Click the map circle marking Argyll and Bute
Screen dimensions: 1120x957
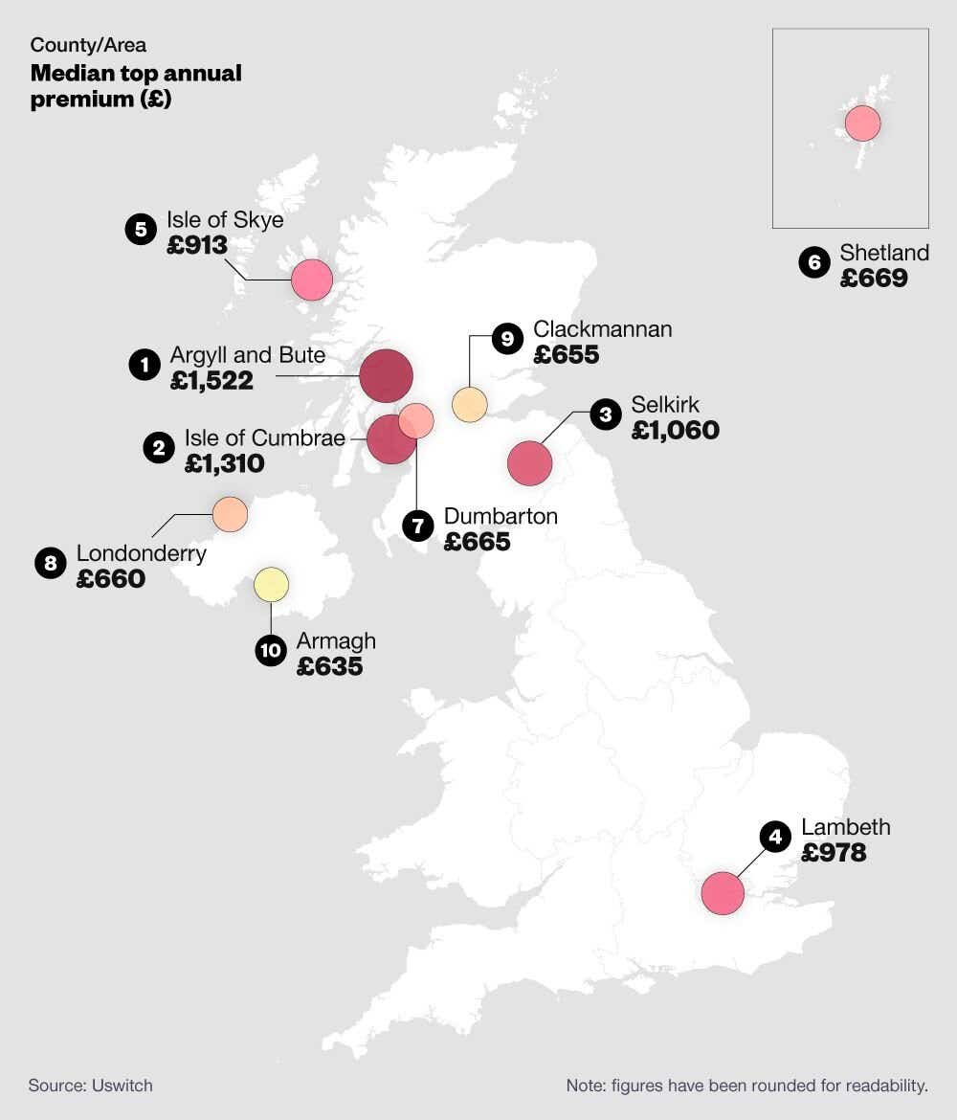point(386,376)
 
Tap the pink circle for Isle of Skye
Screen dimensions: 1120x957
point(311,280)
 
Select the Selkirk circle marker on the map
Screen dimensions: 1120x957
point(530,463)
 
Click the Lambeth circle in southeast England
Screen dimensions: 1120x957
point(723,893)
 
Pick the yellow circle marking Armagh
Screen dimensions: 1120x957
point(272,584)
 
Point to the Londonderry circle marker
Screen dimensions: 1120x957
point(230,514)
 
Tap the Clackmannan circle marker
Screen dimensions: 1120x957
point(469,404)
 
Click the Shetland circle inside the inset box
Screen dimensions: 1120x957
point(863,123)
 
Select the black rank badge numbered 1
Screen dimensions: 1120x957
point(145,365)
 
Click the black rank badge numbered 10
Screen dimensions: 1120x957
point(271,651)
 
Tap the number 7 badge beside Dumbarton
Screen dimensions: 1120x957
point(418,526)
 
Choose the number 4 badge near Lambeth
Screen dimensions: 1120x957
point(775,837)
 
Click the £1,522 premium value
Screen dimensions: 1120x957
point(211,381)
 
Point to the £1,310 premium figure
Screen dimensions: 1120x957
point(224,463)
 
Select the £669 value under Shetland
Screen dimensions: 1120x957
point(873,279)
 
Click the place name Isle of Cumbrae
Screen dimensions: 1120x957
point(264,438)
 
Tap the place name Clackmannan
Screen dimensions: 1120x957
point(602,329)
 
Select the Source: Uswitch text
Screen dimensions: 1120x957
point(91,1085)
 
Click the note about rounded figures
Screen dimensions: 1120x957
point(746,1086)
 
